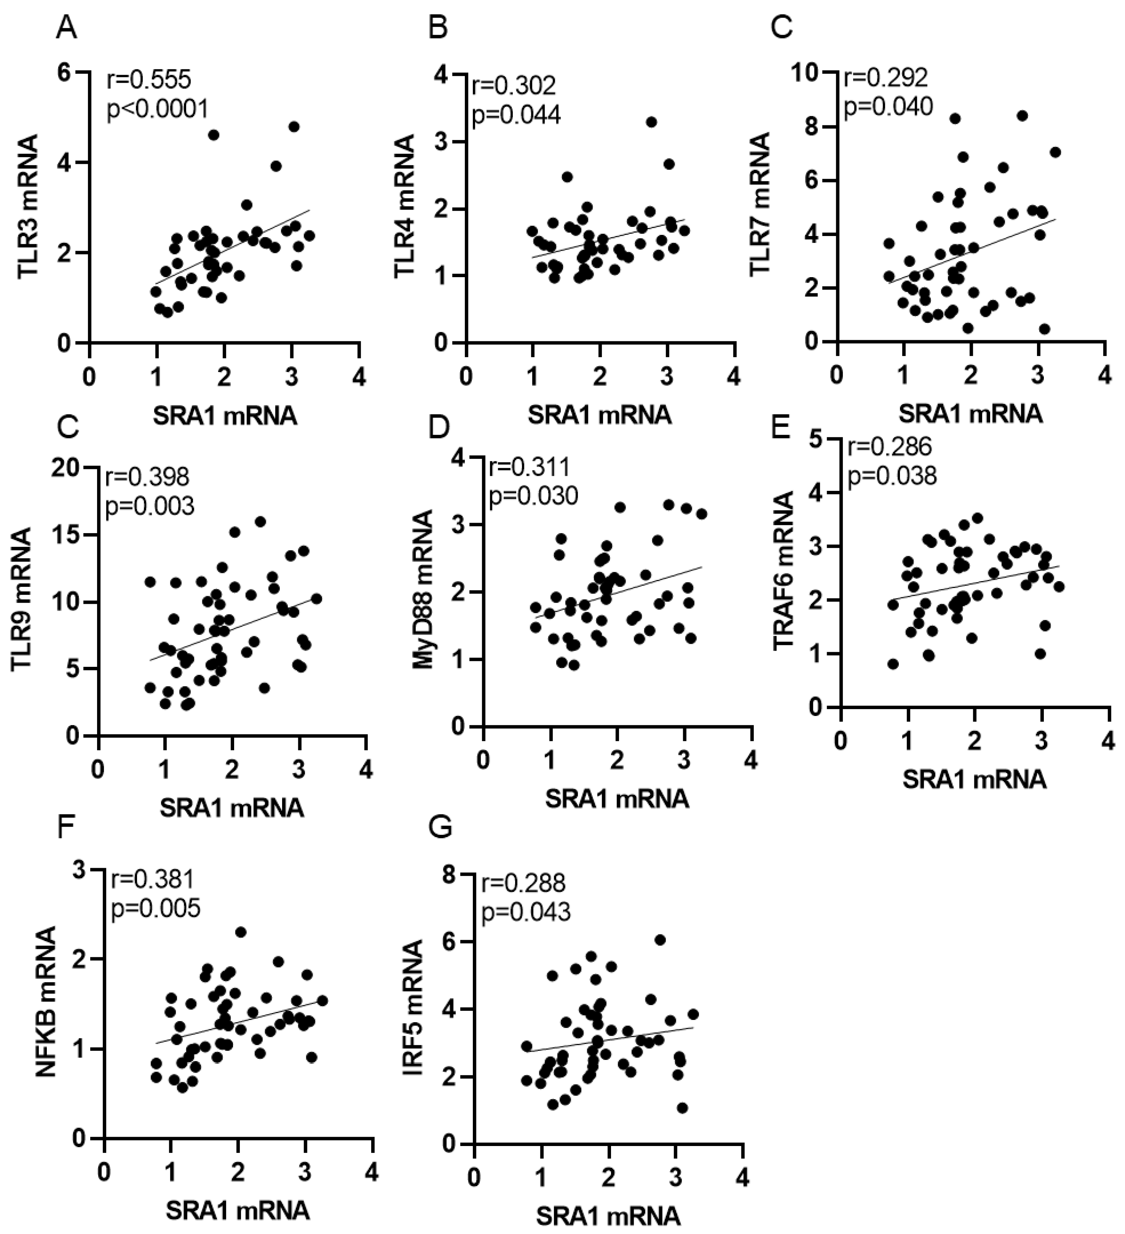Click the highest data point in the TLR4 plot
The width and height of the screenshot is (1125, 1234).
point(651,122)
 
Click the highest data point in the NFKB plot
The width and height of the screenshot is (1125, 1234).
point(241,932)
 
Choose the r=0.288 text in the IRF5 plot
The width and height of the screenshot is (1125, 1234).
point(523,883)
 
